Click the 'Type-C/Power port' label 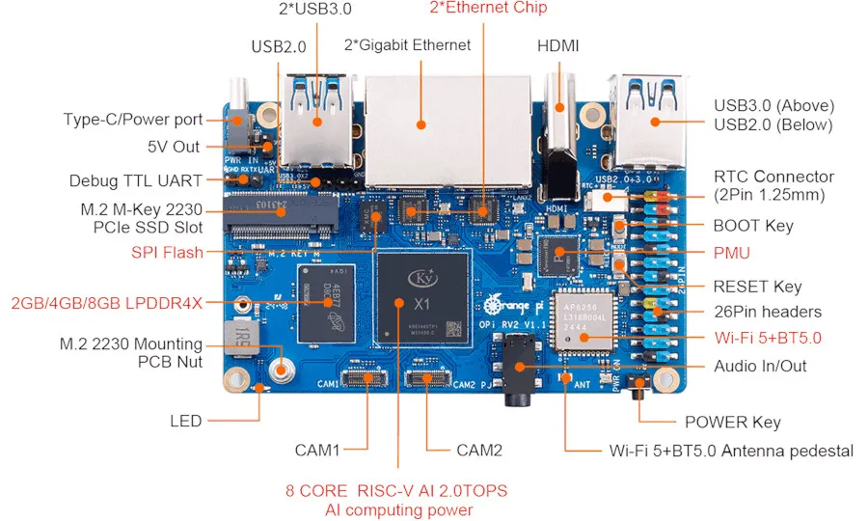[x=133, y=120]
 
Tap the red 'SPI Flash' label [x=167, y=253]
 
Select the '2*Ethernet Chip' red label [x=488, y=9]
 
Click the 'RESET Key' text [x=756, y=286]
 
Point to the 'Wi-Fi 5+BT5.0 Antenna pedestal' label [x=731, y=451]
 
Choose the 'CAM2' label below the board [x=478, y=451]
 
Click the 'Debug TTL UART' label [x=136, y=180]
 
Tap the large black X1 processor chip [x=423, y=301]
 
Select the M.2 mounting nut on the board [x=282, y=368]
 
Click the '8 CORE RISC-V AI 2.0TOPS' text [x=397, y=491]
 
